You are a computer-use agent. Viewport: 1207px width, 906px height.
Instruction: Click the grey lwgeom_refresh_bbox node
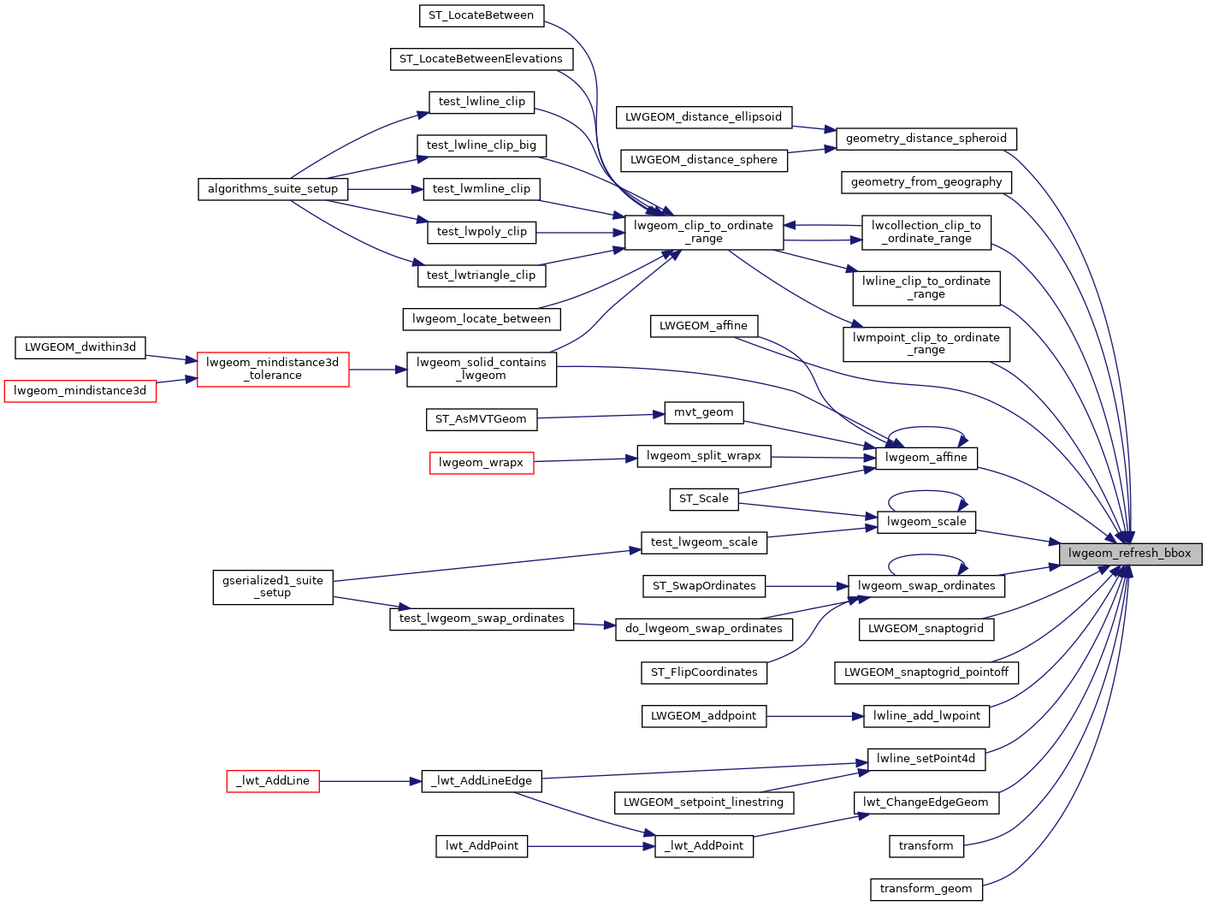point(1130,554)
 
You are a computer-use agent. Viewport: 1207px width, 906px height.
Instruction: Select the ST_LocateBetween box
point(481,15)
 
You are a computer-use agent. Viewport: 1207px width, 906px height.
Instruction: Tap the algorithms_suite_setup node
point(273,189)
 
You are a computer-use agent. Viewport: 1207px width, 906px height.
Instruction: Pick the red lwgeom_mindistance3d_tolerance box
point(273,369)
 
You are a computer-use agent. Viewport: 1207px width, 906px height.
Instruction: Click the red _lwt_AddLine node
point(273,781)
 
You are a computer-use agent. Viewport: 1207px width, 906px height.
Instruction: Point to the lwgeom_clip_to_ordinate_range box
point(704,232)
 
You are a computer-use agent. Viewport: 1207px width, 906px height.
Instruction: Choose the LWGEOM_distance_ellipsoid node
point(703,117)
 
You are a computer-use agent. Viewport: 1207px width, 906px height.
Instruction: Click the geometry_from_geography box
point(926,182)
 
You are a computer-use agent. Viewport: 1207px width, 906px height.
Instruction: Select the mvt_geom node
point(703,412)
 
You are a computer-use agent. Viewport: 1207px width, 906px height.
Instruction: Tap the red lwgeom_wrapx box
point(481,463)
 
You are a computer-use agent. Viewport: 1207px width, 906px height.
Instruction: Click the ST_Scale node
point(703,499)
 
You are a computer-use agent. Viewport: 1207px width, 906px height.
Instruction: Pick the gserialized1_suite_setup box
point(273,587)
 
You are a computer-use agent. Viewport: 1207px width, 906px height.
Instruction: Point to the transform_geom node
point(926,889)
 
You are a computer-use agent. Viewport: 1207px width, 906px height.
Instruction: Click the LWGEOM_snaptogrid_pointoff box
point(926,672)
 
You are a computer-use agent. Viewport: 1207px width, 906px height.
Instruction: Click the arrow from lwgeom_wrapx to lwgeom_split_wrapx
point(585,460)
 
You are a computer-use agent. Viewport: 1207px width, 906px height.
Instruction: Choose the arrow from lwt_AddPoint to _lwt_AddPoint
point(590,846)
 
